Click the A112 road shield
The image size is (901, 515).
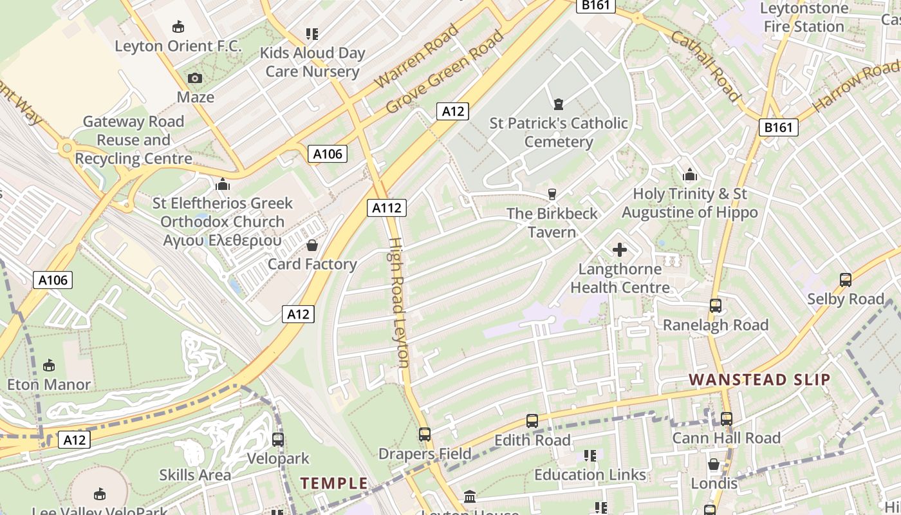[x=387, y=207]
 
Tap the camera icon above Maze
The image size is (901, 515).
[x=195, y=79]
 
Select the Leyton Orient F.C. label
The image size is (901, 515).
[x=178, y=46]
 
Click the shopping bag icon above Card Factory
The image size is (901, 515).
[x=312, y=245]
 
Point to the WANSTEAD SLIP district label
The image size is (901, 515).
[x=759, y=380]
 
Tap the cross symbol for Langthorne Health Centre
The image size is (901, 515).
[x=620, y=250]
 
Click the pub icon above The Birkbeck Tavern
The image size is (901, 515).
[x=552, y=194]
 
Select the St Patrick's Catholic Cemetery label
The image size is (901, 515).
[x=559, y=132]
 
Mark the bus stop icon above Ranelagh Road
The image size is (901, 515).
[x=715, y=306]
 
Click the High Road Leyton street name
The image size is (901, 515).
[x=398, y=303]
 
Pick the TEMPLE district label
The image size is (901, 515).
[x=334, y=483]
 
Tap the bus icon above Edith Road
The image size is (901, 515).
[x=532, y=421]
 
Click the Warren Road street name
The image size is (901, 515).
[x=416, y=56]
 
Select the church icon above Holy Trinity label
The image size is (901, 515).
[x=689, y=174]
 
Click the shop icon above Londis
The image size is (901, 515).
[x=714, y=464]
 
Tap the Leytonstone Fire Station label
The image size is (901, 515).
[x=804, y=17]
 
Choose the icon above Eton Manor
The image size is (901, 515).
[x=48, y=365]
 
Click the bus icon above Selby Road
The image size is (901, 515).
[x=845, y=280]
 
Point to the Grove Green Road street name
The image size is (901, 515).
[x=445, y=71]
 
